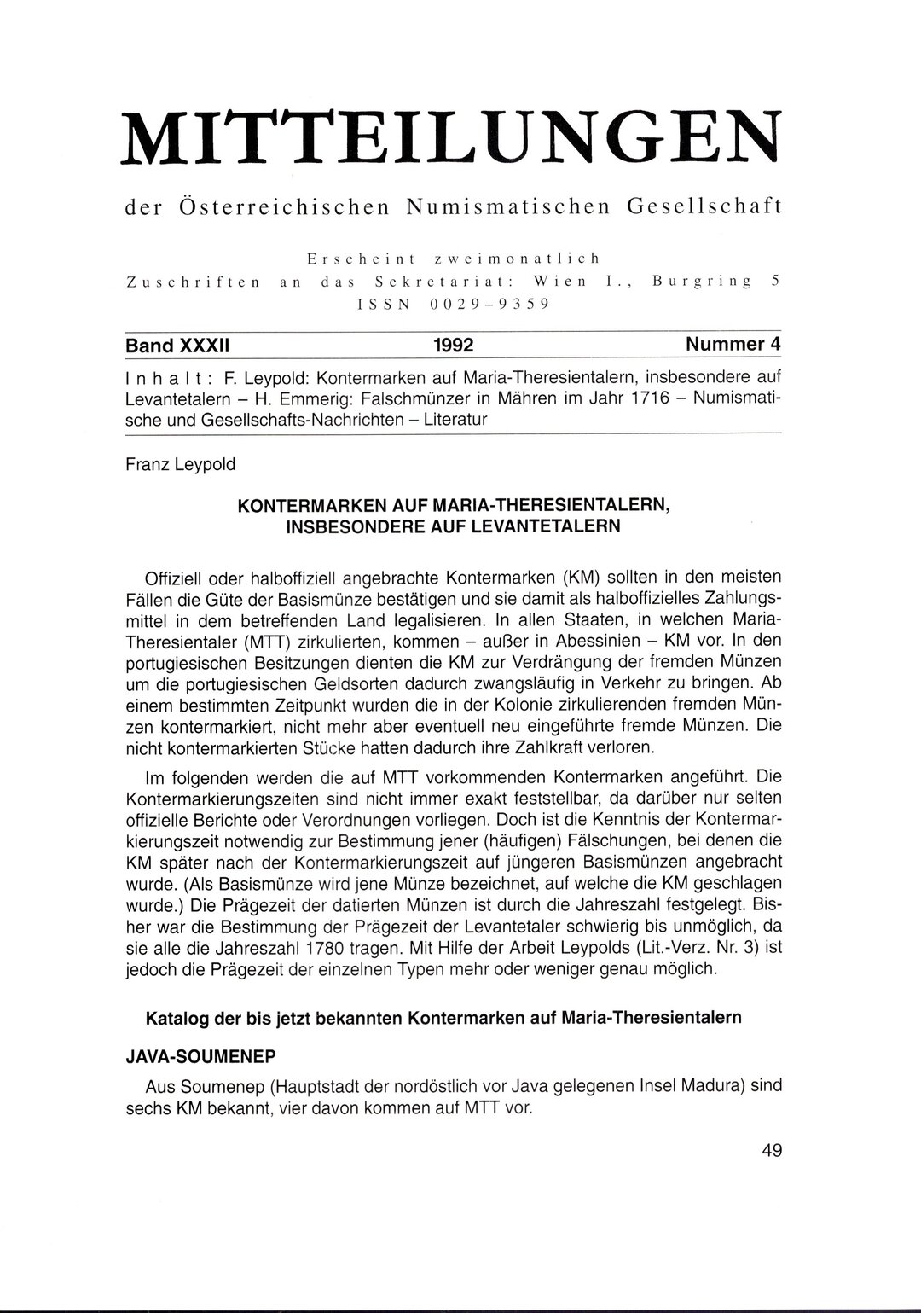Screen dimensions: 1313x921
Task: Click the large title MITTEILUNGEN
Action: pos(453,136)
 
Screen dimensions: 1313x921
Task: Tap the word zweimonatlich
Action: pos(530,258)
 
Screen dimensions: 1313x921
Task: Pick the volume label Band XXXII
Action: pos(180,346)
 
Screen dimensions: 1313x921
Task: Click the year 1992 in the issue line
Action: pos(453,346)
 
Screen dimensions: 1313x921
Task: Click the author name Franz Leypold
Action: pos(182,467)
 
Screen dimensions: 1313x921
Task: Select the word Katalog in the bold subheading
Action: pos(177,1018)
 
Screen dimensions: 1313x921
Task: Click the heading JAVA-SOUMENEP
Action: pos(200,1055)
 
